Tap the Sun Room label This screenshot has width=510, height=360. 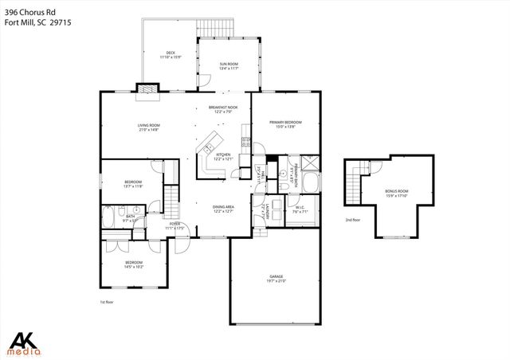point(229,64)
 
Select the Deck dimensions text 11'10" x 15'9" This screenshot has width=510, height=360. point(171,57)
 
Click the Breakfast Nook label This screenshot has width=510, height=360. point(224,107)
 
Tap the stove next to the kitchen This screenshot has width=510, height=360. point(246,144)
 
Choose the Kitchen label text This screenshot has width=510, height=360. point(222,154)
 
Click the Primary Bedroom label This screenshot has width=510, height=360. point(284,122)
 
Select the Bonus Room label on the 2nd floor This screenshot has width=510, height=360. point(396,191)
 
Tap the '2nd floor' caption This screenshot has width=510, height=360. point(352,219)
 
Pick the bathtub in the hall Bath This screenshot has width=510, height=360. point(108,216)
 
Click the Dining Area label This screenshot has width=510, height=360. point(223,207)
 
